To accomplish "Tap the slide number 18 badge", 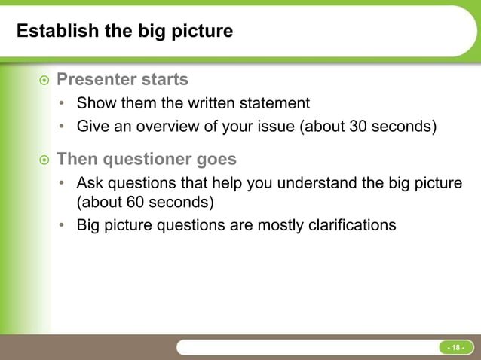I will point(455,347).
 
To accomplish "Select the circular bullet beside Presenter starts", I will point(44,80).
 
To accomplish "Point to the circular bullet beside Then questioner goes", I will point(44,160).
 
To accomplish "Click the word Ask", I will point(90,183).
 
